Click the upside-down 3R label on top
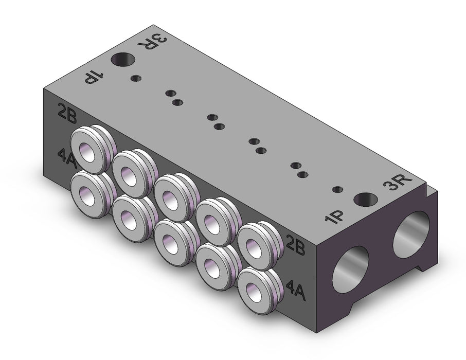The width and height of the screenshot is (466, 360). (x=152, y=43)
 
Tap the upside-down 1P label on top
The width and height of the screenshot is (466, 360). (x=94, y=77)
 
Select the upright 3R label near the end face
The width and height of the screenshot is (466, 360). (x=398, y=182)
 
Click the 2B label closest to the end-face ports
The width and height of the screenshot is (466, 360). (x=295, y=245)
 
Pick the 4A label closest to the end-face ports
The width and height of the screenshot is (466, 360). (x=295, y=291)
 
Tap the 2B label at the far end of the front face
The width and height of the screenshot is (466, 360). (x=67, y=114)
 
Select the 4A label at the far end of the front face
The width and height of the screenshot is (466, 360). (x=68, y=159)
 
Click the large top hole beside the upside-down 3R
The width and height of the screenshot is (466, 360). (x=123, y=60)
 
